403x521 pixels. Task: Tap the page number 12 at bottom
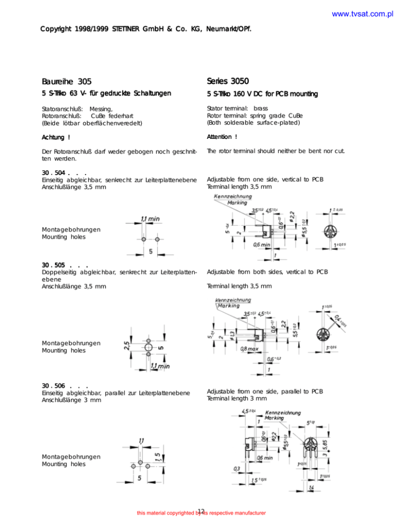click(x=201, y=511)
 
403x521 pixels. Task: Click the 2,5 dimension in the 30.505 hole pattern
click(x=135, y=348)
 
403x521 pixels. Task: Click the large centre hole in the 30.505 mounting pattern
click(x=149, y=347)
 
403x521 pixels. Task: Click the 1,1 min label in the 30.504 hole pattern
click(x=150, y=219)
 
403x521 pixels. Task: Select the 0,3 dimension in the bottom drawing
click(x=238, y=468)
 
